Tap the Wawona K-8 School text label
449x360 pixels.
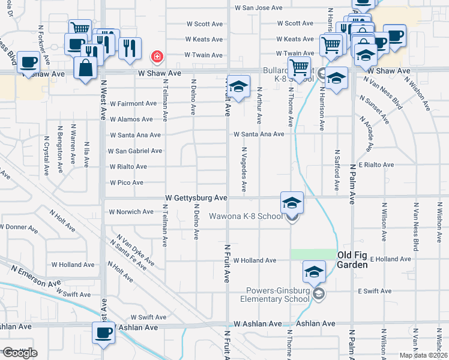pos(245,216)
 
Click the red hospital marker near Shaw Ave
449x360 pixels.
pos(157,57)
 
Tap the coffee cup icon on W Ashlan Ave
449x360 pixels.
pos(102,332)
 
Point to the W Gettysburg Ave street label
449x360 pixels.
pos(196,197)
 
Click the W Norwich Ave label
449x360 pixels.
pos(131,212)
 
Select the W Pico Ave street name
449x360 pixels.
pos(127,182)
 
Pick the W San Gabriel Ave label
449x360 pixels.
pos(135,151)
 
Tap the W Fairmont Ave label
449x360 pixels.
pos(133,103)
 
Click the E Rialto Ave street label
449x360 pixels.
pos(376,164)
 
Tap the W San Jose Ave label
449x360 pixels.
pos(258,8)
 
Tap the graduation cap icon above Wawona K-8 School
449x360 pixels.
pos(292,202)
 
